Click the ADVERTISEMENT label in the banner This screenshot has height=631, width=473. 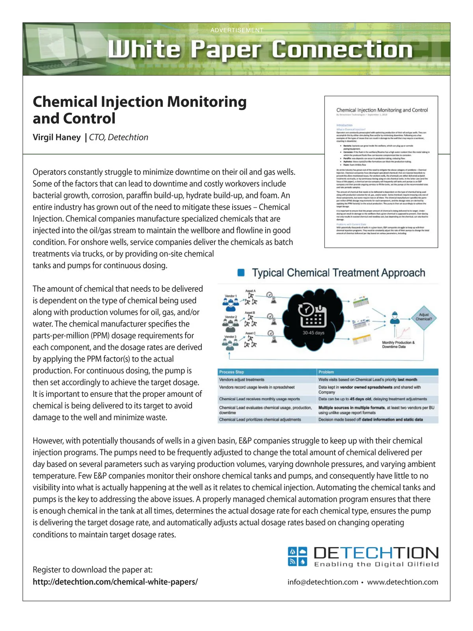click(x=236, y=30)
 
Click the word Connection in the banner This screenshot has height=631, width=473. click(x=342, y=50)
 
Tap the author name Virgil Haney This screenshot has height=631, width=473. click(x=57, y=137)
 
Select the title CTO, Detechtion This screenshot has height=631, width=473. click(x=119, y=137)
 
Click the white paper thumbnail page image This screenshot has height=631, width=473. click(x=381, y=172)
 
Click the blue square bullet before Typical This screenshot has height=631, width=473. click(x=241, y=273)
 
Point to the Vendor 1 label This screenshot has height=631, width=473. click(x=231, y=296)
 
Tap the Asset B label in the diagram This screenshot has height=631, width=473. click(x=250, y=312)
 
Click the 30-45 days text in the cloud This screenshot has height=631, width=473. click(x=313, y=332)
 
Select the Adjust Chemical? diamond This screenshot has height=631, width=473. click(x=424, y=317)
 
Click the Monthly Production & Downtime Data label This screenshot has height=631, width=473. click(x=398, y=345)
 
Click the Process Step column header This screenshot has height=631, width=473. click(x=232, y=372)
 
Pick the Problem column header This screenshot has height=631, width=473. click(x=326, y=372)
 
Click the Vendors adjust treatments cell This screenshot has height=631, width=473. click(x=242, y=379)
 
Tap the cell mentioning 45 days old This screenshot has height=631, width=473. click(x=372, y=399)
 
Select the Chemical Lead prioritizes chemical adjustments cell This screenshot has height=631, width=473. click(x=260, y=420)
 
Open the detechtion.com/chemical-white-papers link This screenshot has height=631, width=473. click(x=115, y=582)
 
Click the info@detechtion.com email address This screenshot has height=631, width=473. click(x=323, y=582)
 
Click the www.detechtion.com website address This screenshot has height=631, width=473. click(x=402, y=582)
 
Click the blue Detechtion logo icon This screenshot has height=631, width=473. click(x=297, y=556)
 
